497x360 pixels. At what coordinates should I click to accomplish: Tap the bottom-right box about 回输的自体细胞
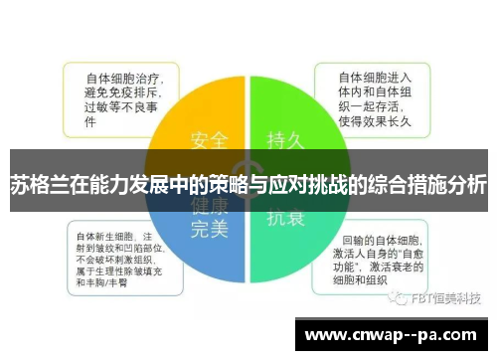point(383,255)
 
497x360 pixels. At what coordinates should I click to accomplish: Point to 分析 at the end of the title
point(466,186)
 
